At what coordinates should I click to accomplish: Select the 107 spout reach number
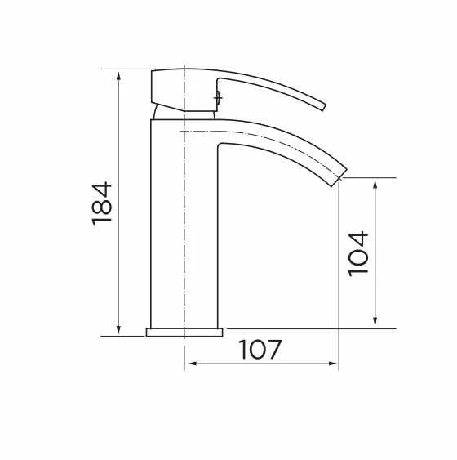(x=261, y=350)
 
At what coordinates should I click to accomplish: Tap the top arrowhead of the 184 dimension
(x=119, y=74)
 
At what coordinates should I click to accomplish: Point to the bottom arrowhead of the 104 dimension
(x=375, y=324)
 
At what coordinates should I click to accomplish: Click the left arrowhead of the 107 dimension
(x=189, y=364)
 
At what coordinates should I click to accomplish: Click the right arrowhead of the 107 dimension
(x=334, y=364)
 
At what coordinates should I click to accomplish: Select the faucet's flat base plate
(x=184, y=332)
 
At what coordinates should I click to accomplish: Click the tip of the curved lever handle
(x=323, y=105)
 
